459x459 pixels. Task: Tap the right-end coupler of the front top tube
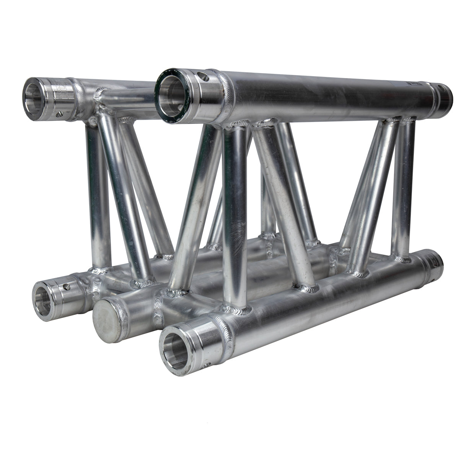tap(444, 96)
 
